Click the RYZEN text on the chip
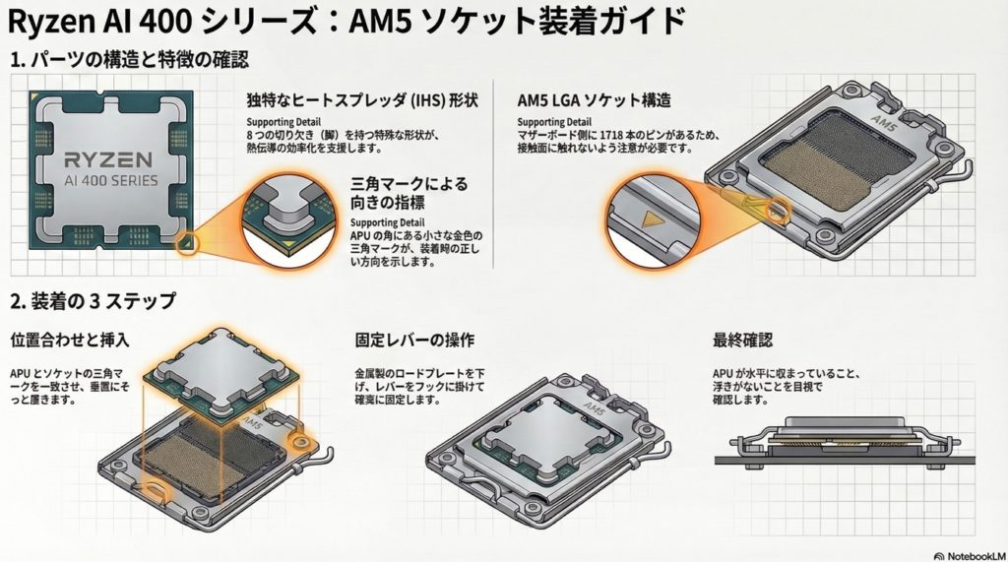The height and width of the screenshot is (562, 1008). coord(108,159)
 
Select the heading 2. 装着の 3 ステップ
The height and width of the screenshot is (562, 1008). coord(94,300)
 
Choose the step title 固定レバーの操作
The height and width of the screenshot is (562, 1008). coord(414,341)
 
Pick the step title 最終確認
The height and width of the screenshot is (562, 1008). coord(742,341)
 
